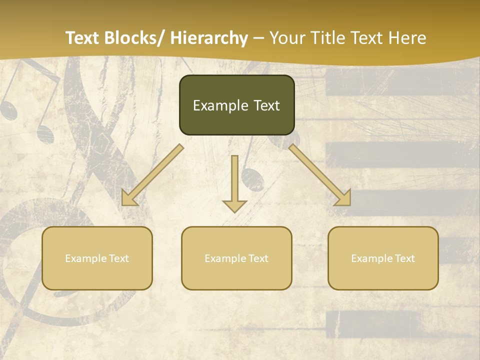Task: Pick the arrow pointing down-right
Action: coord(320,175)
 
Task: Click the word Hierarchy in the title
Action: coord(209,38)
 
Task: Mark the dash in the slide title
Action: coord(258,38)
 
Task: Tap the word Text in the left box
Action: coord(119,258)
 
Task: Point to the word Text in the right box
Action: coord(405,258)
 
